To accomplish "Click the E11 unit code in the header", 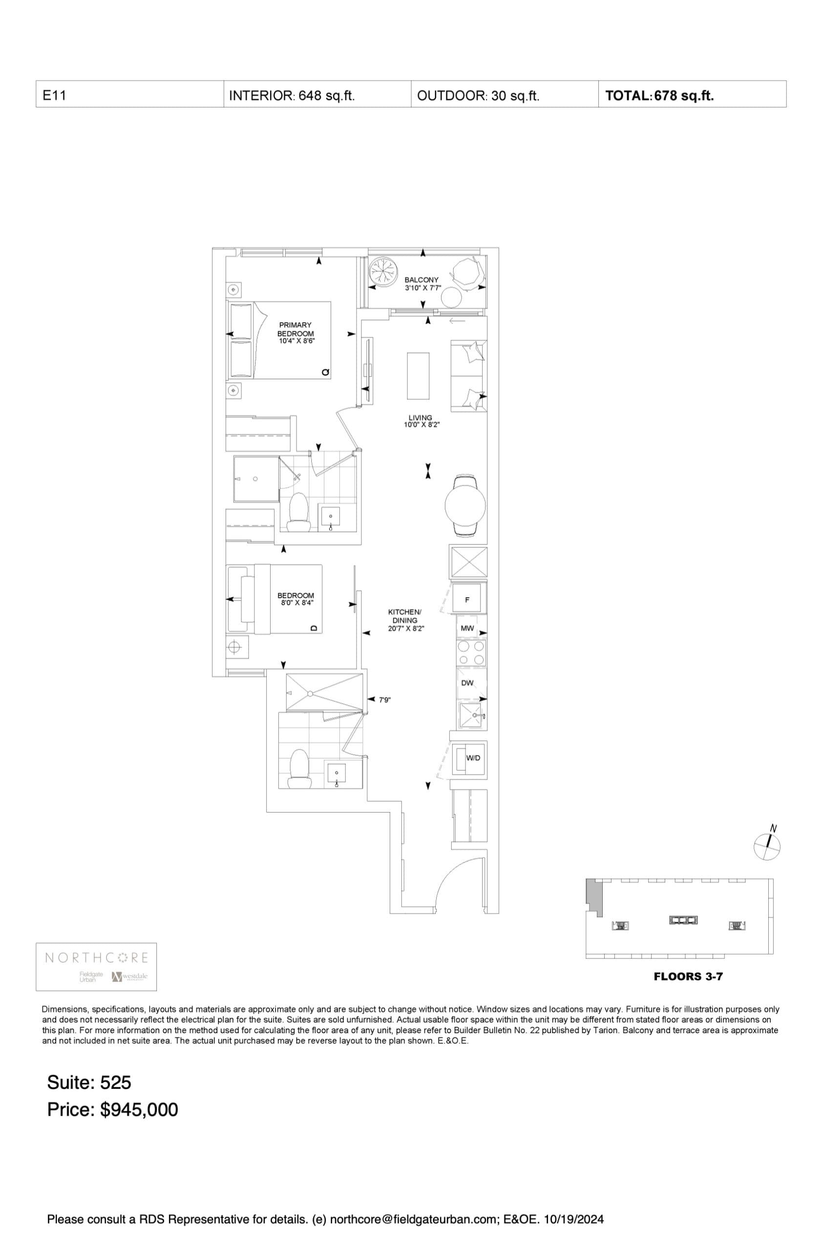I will coord(50,96).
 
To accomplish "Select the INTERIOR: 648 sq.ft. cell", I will coord(292,96).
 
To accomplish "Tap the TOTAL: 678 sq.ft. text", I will coord(659,96).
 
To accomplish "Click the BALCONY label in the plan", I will coord(421,280).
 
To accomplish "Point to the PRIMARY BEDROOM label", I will coord(295,329).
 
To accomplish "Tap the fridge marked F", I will coord(467,599).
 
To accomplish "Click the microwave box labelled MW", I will coord(467,628).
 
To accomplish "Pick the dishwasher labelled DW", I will coord(467,683).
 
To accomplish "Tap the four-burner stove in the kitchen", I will coord(471,652).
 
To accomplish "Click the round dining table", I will coord(465,506).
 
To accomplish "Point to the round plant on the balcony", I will coord(383,272).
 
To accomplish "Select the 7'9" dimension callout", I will coord(385,700).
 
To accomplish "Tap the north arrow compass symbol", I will coord(767,847).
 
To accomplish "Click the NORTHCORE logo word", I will coord(97,958).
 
